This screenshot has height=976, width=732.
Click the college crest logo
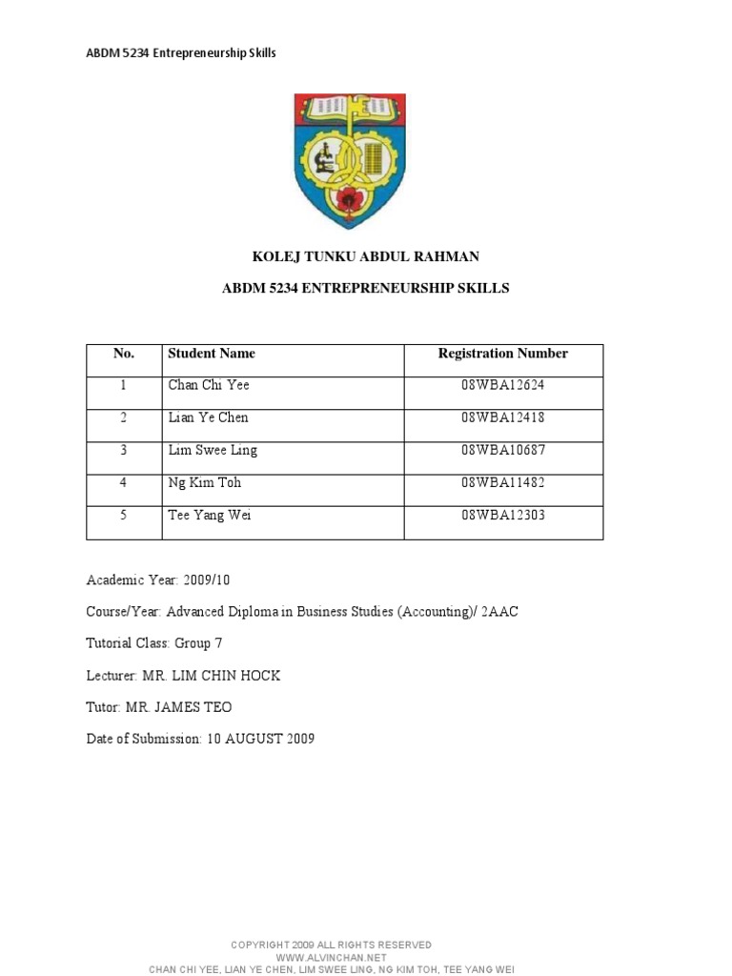pyautogui.click(x=350, y=159)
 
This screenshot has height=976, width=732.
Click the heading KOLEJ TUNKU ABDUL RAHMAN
pyautogui.click(x=365, y=257)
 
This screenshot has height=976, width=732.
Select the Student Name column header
pyautogui.click(x=212, y=354)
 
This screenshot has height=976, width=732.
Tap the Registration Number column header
pyautogui.click(x=502, y=354)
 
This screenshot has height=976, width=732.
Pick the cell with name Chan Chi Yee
pyautogui.click(x=209, y=386)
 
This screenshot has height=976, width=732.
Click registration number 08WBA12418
pyautogui.click(x=502, y=418)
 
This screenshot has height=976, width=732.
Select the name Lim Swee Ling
pyautogui.click(x=213, y=451)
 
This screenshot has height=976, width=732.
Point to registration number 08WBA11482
pyautogui.click(x=502, y=483)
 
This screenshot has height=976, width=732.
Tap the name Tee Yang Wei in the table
pyautogui.click(x=210, y=516)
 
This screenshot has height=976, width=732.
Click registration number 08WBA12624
pyautogui.click(x=502, y=386)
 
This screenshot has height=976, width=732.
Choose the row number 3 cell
pyautogui.click(x=123, y=451)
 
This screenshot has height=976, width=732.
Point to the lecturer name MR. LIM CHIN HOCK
pyautogui.click(x=211, y=676)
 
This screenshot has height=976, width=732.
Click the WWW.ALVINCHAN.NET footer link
pyautogui.click(x=331, y=957)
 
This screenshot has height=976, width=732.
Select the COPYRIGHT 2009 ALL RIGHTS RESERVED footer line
pyautogui.click(x=331, y=945)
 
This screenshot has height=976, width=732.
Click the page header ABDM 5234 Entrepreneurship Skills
pyautogui.click(x=181, y=53)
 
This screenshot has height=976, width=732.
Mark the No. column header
pyautogui.click(x=124, y=354)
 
